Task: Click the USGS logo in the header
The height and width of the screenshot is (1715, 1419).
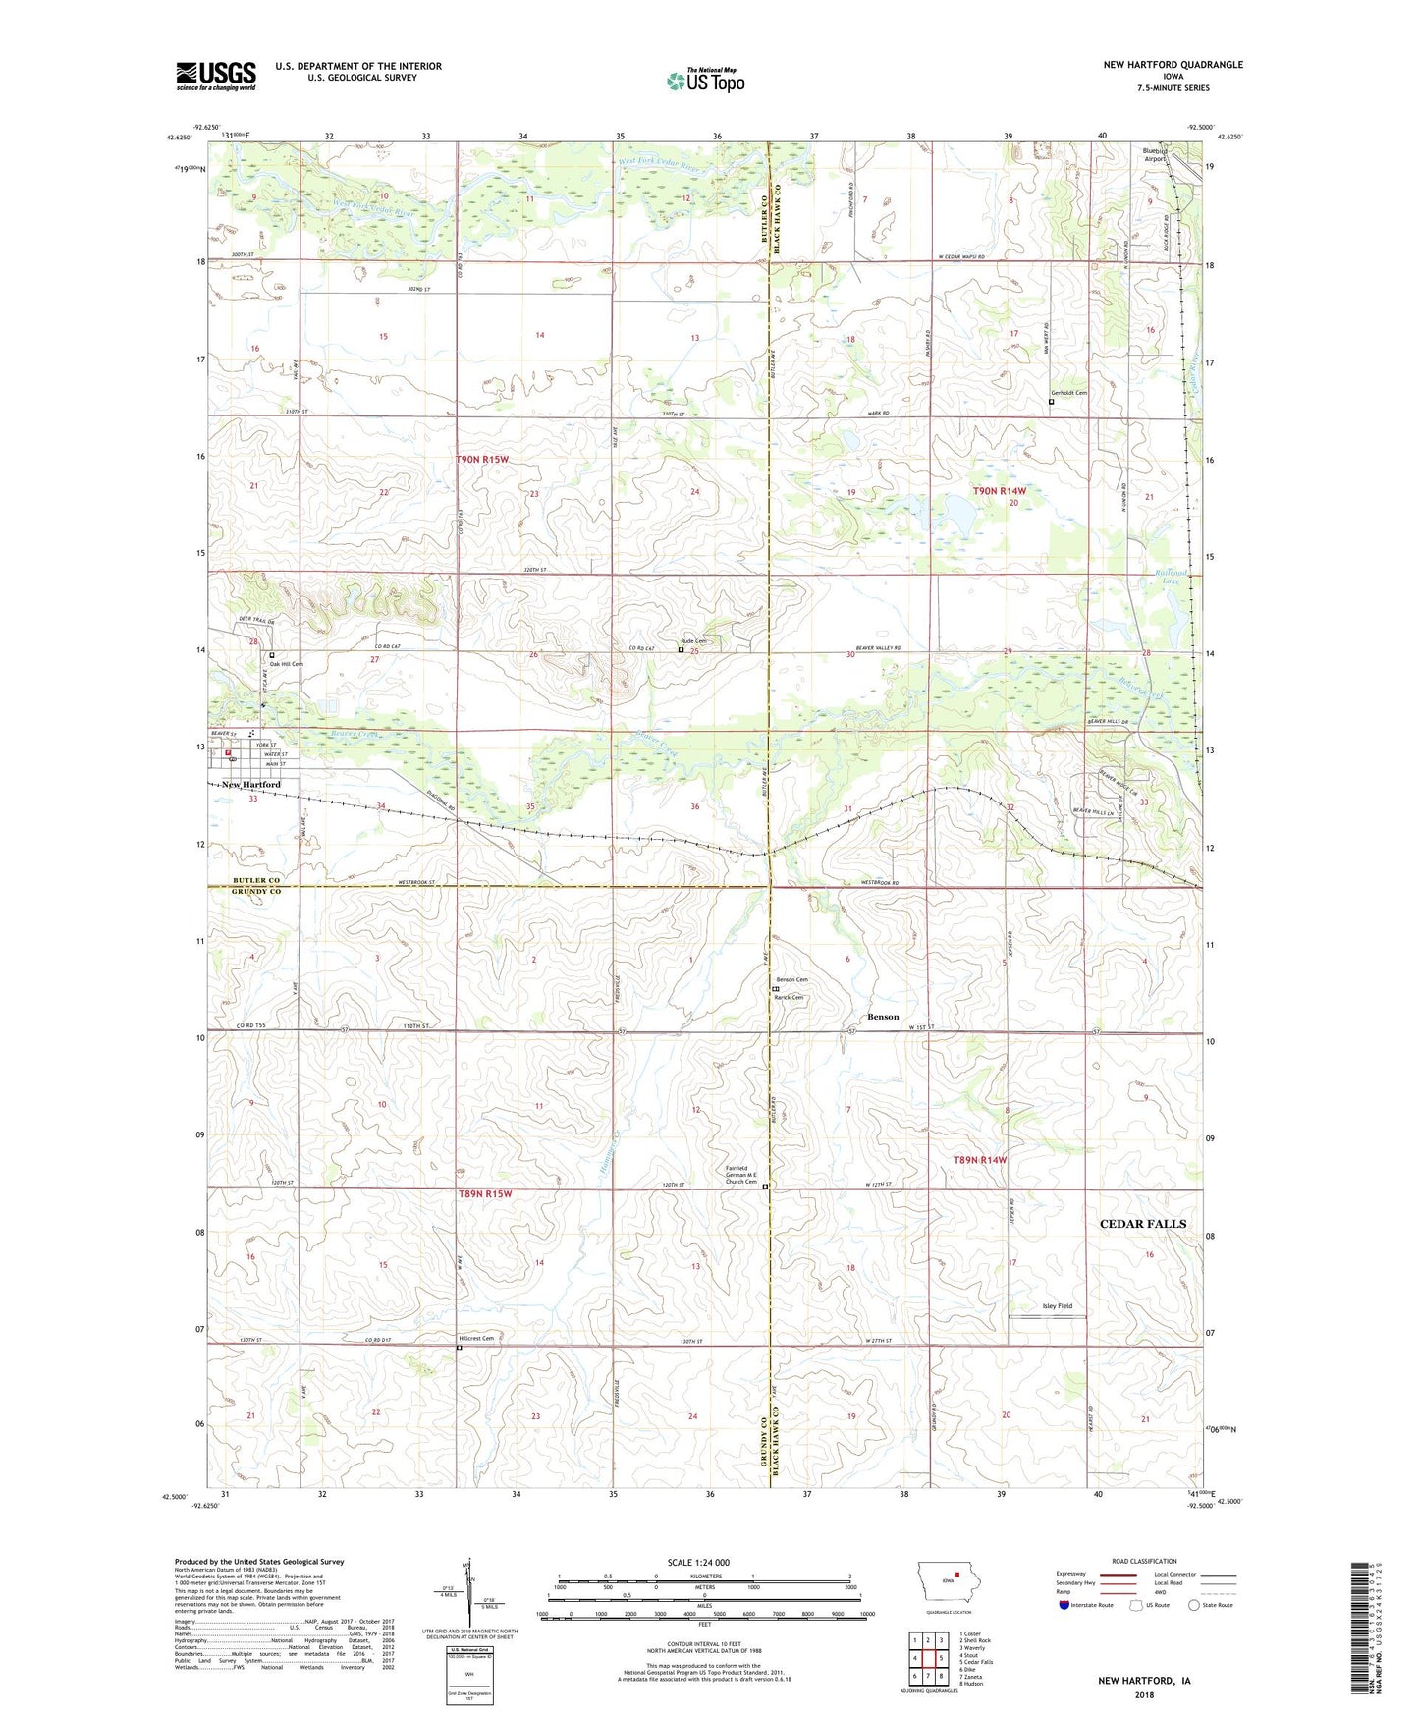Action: pos(216,76)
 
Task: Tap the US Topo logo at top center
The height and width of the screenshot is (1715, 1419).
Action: pos(705,81)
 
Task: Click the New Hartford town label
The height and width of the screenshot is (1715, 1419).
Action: pos(250,785)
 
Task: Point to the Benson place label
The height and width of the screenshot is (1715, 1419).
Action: pos(882,1017)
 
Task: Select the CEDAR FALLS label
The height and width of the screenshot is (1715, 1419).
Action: pos(1142,1224)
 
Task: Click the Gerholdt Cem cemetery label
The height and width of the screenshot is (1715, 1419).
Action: pos(1068,393)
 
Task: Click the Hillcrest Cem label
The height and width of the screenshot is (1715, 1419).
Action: pos(476,1338)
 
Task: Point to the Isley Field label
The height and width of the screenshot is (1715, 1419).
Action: pos(1057,1306)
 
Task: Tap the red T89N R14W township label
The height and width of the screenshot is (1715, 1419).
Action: pos(980,1160)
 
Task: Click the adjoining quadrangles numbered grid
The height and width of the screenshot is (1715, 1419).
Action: pos(928,1661)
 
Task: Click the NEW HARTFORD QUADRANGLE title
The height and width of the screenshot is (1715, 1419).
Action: pos(1173,65)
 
